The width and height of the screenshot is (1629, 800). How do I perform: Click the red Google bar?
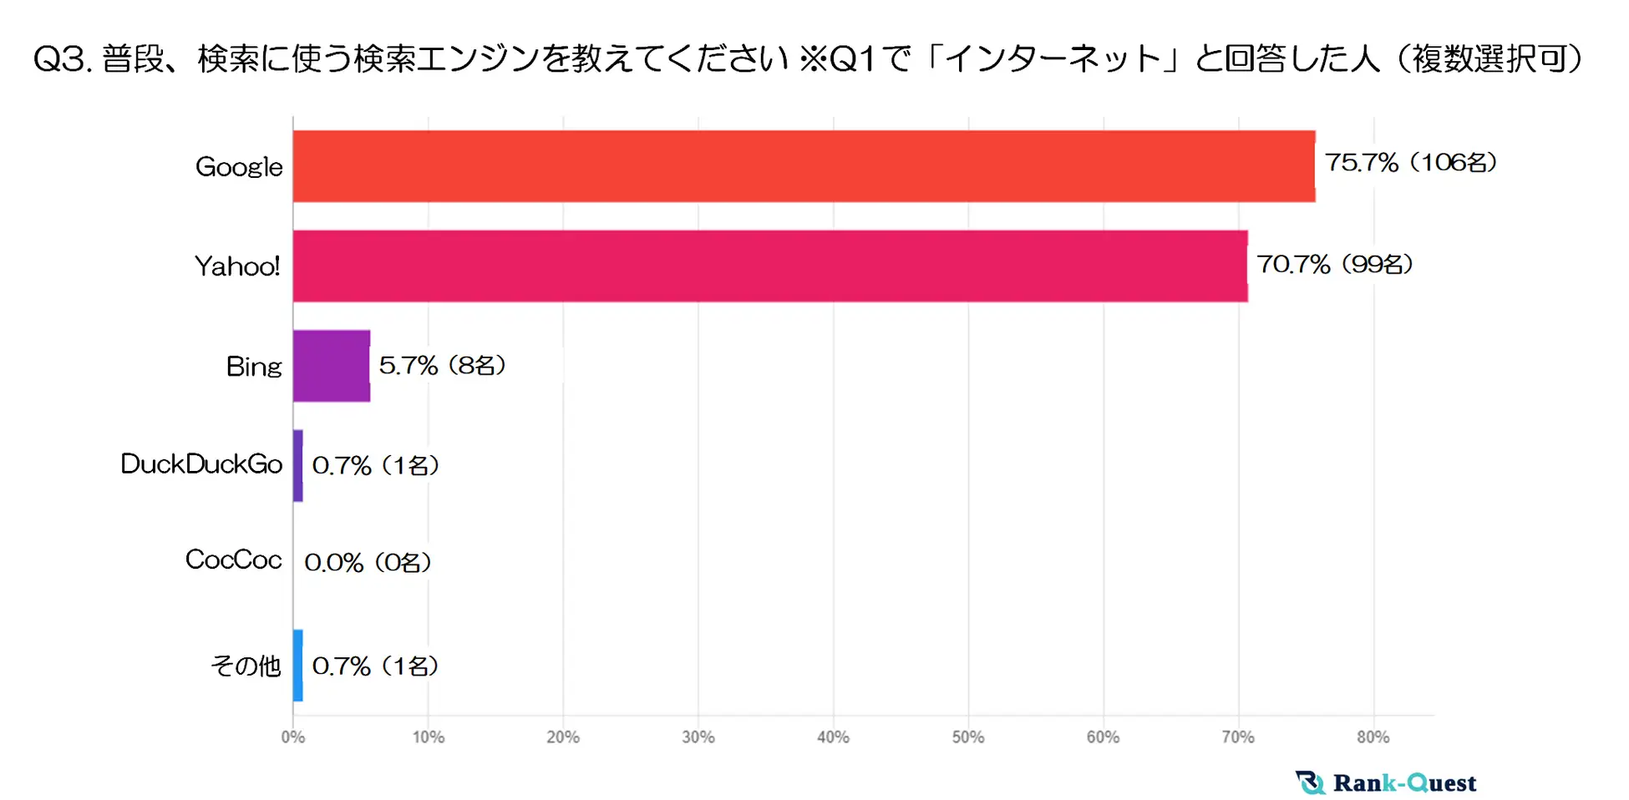click(804, 166)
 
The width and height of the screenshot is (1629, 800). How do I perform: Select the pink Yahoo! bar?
click(769, 266)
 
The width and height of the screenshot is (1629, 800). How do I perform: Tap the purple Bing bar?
click(331, 366)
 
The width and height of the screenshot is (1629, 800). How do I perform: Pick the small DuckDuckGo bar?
click(298, 465)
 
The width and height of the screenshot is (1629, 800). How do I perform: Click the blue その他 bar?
click(298, 666)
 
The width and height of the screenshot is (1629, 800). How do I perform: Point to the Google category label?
click(239, 167)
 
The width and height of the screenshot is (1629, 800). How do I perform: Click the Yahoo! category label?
click(237, 266)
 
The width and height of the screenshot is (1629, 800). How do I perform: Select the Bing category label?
click(254, 367)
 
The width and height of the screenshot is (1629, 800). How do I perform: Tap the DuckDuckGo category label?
click(201, 464)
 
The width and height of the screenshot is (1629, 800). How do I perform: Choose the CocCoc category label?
click(233, 559)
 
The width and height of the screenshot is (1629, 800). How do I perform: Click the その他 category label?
click(246, 666)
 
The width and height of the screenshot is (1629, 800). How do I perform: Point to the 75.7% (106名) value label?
click(1411, 163)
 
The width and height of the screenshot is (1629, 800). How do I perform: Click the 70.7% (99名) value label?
click(1335, 265)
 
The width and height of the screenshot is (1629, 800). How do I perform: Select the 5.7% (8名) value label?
click(443, 366)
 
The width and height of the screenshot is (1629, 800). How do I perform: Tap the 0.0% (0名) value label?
click(368, 563)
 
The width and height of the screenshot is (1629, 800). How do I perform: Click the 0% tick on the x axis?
click(293, 737)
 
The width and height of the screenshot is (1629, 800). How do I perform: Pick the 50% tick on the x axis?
click(968, 737)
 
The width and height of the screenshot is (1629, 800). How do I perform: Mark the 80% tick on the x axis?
click(1373, 737)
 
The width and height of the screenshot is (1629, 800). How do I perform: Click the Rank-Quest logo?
click(1386, 782)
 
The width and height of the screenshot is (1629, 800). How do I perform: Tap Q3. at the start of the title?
click(63, 59)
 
